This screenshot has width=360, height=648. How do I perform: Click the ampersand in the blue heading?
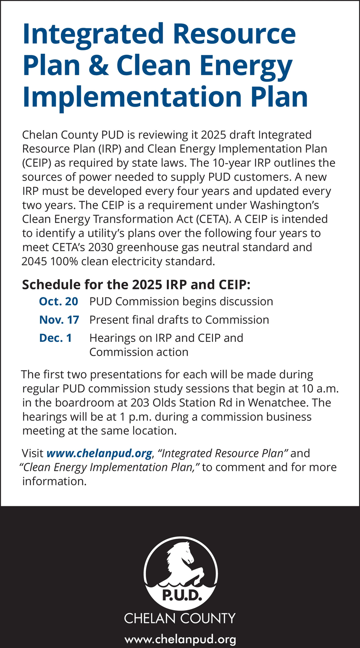pos(97,65)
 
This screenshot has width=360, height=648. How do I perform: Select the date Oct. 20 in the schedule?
pos(58,302)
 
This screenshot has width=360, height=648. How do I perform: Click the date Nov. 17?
pos(59,320)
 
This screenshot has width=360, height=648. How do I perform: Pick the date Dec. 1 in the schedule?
pos(55,338)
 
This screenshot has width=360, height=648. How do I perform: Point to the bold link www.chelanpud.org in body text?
pos(99,454)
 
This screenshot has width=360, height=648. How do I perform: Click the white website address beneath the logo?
pos(180,640)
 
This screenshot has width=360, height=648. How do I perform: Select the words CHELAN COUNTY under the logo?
pos(180,619)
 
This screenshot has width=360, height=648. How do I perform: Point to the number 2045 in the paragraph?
pos(34,261)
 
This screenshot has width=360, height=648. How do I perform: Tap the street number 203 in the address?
pos(131,403)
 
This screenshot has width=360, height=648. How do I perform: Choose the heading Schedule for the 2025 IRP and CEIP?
pos(136,284)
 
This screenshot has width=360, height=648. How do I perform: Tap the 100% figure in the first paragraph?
pos(65,261)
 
